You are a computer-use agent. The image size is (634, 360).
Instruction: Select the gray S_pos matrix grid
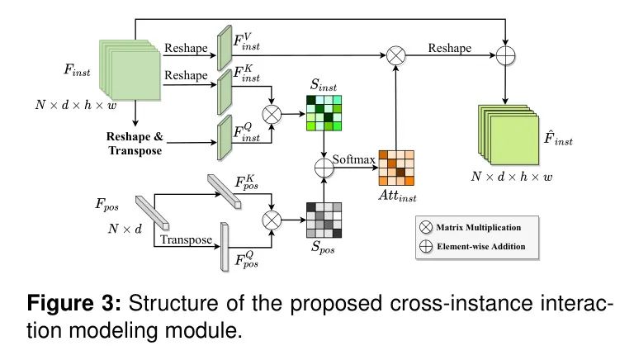322,219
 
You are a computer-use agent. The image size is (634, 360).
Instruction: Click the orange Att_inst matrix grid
396,168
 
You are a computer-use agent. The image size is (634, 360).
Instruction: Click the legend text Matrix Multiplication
481,226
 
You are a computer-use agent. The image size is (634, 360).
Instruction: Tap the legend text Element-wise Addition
482,245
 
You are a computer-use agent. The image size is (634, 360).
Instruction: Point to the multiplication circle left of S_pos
269,220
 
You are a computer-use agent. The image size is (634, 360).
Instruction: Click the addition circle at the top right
504,55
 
